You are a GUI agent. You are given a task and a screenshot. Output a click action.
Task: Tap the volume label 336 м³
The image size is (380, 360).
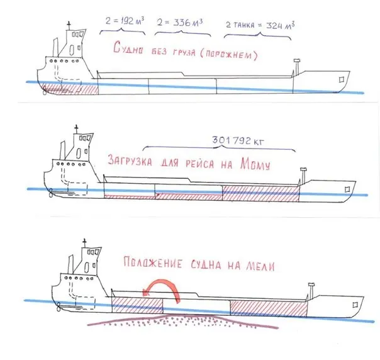point(188,23)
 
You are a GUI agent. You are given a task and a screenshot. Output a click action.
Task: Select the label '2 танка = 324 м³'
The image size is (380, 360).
point(260,25)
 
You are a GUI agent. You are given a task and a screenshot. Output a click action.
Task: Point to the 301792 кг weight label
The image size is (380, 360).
point(238,140)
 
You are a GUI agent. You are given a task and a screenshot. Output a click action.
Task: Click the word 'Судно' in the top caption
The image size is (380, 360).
point(128,47)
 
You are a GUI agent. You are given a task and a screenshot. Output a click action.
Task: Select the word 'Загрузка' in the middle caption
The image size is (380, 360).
point(130,160)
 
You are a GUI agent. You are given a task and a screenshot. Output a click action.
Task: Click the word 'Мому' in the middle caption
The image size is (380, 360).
point(255,164)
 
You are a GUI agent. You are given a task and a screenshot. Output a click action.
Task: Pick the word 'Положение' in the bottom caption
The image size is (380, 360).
point(153,262)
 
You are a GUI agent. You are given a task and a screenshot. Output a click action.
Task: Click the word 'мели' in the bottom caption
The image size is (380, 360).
point(260,266)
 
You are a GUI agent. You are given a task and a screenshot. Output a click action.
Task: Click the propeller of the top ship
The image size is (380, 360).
point(44,92)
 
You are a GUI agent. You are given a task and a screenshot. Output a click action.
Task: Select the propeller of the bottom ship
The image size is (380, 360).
point(59,307)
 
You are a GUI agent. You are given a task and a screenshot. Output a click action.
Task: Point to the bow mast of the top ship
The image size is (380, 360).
point(296,67)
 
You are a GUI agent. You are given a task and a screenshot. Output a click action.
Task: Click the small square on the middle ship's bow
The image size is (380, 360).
point(347,189)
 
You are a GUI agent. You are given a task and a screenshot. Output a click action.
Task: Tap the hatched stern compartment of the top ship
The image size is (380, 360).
point(70,89)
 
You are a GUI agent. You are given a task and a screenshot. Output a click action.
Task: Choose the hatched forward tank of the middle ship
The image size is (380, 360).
point(260,193)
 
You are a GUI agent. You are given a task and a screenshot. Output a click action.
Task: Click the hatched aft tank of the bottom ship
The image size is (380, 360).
point(137,305)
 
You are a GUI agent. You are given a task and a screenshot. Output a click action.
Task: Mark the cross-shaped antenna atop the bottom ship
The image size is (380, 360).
point(84,242)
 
